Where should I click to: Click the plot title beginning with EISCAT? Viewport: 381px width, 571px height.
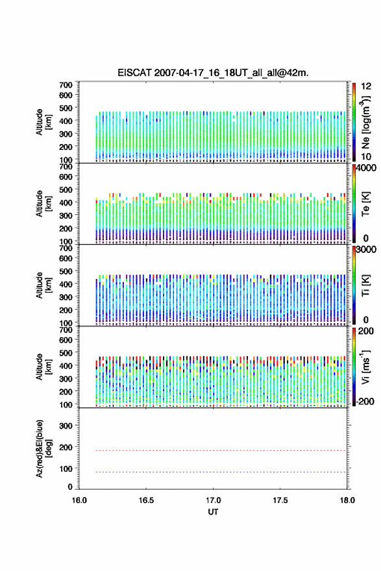coord(213,73)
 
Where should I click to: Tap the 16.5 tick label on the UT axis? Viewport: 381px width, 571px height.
coord(146,500)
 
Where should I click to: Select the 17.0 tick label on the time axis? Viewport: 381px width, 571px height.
coord(213,500)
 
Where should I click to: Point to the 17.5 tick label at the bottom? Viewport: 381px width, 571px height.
coord(280,500)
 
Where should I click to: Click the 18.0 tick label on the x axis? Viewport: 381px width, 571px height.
coord(347,500)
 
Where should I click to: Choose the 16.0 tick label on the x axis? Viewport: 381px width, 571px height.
coord(79,500)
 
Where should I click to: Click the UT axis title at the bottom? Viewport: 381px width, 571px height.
coord(213,512)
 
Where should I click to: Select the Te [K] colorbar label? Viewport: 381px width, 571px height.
coord(365,204)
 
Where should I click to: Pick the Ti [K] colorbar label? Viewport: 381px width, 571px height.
coord(365,285)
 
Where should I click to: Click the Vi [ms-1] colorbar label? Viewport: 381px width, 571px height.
coord(365,367)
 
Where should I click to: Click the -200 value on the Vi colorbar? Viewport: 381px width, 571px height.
coord(364,401)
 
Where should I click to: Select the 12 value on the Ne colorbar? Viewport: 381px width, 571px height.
coord(366,86)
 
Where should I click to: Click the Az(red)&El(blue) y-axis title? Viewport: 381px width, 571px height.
coord(43,448)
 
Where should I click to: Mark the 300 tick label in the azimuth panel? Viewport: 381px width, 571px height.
coord(66,426)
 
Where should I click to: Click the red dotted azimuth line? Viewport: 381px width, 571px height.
coord(212,450)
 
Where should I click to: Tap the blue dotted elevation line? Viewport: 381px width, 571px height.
coord(212,472)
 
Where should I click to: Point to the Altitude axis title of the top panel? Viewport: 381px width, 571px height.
coord(43,122)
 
